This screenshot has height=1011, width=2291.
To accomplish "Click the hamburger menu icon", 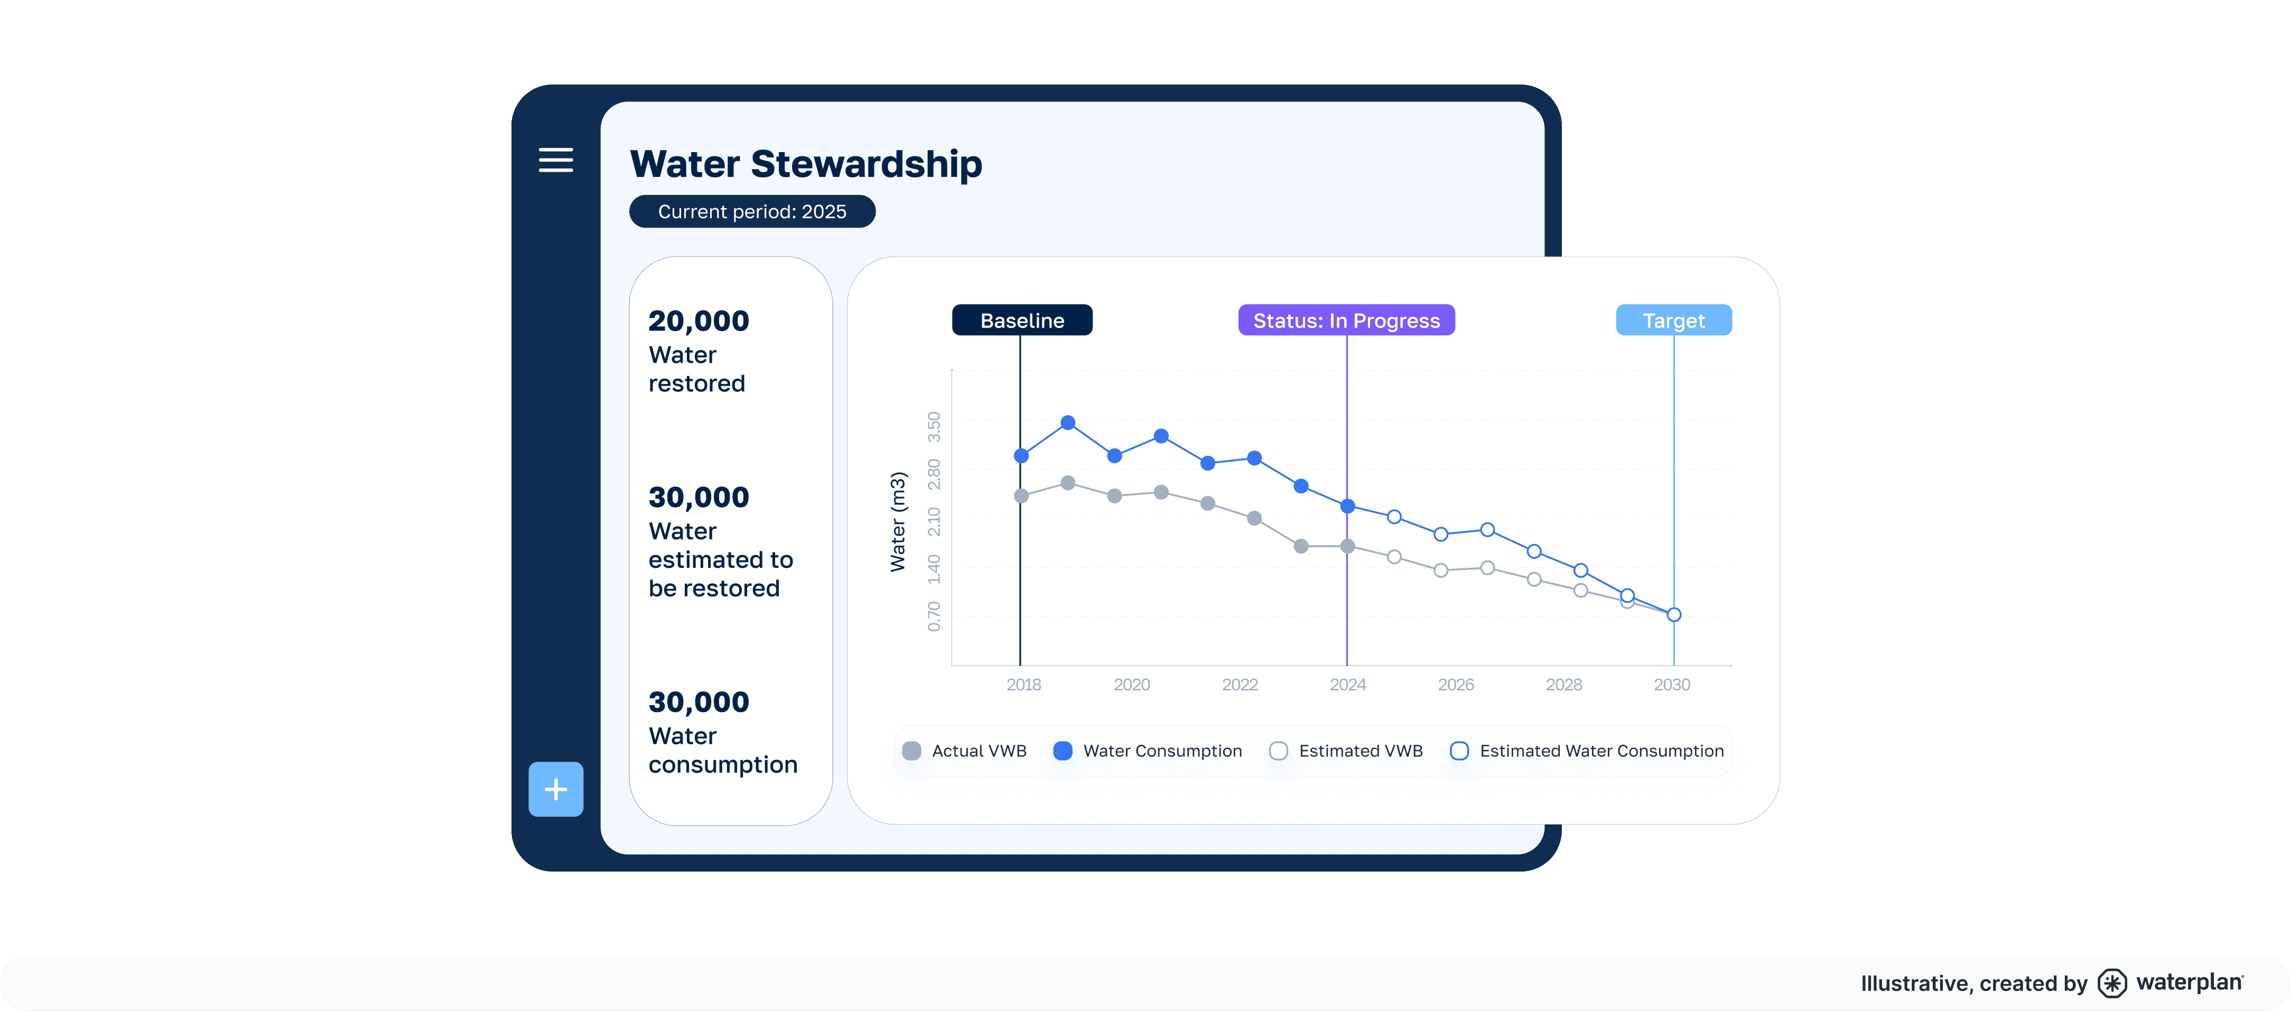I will (x=556, y=160).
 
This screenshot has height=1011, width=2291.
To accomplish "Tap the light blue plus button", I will (x=556, y=789).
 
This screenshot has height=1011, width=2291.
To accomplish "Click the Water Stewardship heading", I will (x=806, y=164).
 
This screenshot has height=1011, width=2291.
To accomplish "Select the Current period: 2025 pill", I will (x=752, y=212).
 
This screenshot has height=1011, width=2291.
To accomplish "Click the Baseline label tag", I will (x=1022, y=320).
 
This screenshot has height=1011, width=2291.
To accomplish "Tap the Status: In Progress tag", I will (x=1346, y=320).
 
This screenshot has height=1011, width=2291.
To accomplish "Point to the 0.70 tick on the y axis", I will (x=934, y=616).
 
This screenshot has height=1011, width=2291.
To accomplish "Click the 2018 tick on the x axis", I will (x=1023, y=685).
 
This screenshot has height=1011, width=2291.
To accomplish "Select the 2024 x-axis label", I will (x=1347, y=685).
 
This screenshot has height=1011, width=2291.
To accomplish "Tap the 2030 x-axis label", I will (x=1671, y=685).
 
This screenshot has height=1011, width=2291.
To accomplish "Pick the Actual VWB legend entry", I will (x=965, y=751).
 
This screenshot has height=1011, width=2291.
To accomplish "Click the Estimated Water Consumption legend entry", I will (x=1588, y=751).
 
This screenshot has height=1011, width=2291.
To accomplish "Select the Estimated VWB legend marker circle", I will (x=1279, y=751).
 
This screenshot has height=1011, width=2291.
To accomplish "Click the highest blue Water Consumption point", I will (x=1068, y=423).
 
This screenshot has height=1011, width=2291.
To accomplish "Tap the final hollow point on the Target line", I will (x=1674, y=614).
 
